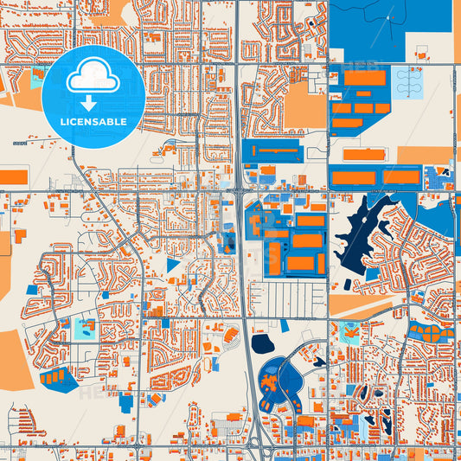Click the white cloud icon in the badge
(x=93, y=78)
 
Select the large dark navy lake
(x=364, y=234)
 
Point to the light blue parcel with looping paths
(x=409, y=83)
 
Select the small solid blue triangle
(x=173, y=265)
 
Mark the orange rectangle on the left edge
(x=12, y=177)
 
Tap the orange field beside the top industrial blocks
(x=304, y=106)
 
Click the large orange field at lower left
(x=14, y=359)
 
